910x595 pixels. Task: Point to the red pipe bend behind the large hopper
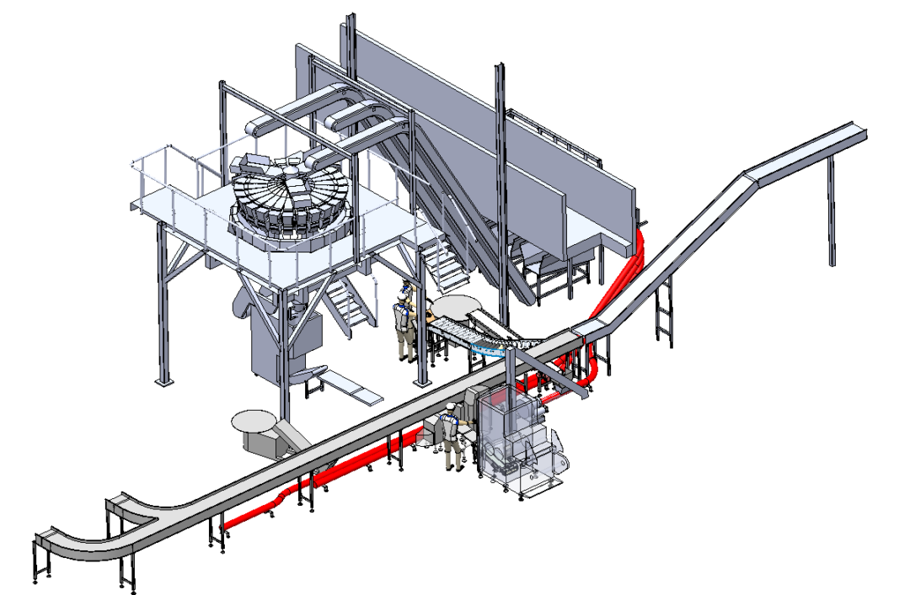coord(640,244)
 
